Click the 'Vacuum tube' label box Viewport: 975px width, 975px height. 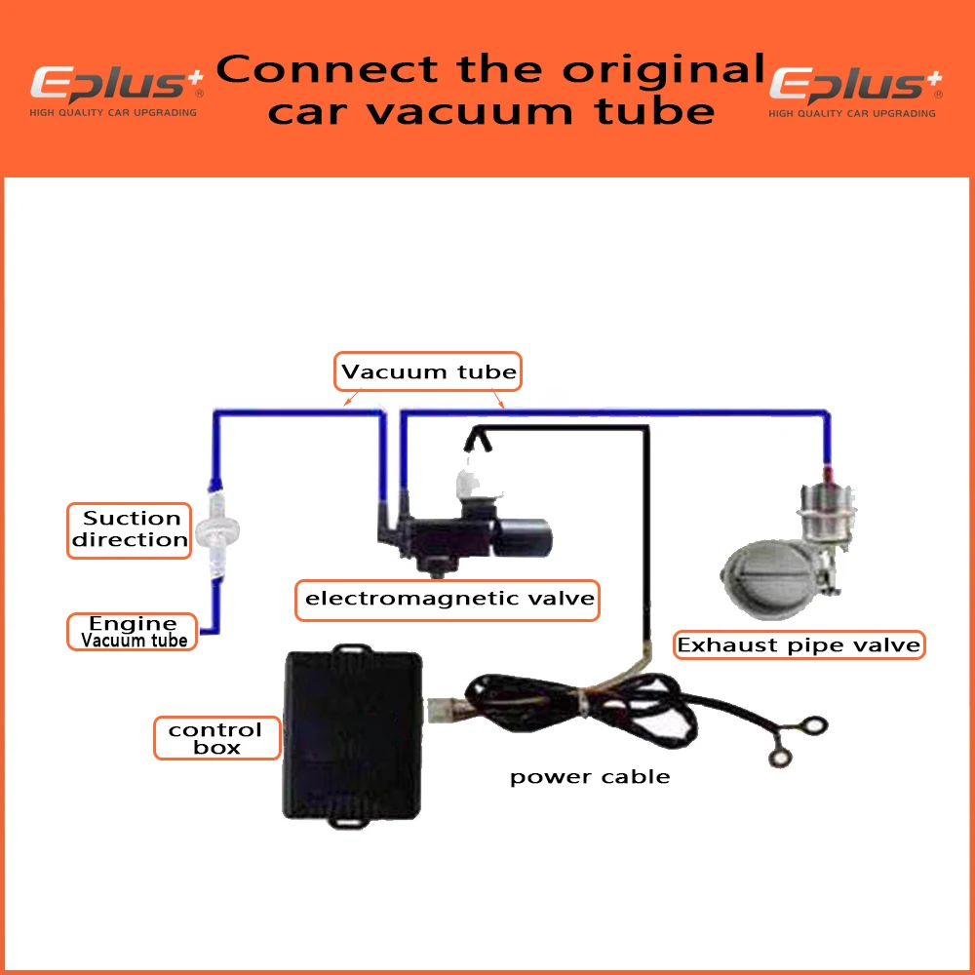point(429,371)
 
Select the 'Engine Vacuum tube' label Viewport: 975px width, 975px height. point(133,632)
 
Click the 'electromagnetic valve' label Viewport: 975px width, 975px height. point(448,598)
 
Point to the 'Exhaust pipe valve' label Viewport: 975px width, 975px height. point(799,644)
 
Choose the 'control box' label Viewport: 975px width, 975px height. point(215,738)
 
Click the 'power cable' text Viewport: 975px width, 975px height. point(590,777)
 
